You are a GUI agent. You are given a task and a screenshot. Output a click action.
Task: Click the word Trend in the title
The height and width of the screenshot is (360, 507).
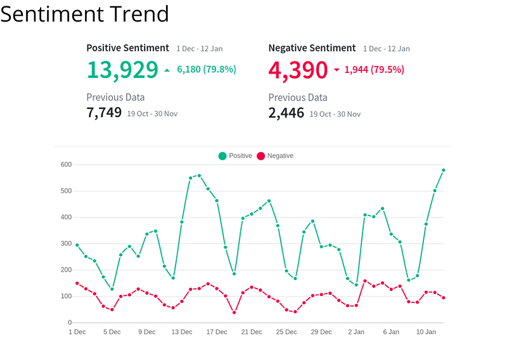(x=139, y=14)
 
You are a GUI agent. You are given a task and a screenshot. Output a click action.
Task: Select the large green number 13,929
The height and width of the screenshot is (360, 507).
(x=122, y=70)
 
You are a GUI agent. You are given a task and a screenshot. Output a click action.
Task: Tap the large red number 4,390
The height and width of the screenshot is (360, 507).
(x=298, y=70)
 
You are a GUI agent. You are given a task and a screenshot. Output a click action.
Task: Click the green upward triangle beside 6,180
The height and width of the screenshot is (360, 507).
(x=167, y=70)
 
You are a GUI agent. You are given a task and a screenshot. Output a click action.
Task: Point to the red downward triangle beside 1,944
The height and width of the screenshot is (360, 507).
(x=337, y=70)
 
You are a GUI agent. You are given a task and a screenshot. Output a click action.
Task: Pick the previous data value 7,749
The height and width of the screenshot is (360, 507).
(x=104, y=113)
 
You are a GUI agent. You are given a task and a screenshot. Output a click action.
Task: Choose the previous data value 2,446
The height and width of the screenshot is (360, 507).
(x=286, y=113)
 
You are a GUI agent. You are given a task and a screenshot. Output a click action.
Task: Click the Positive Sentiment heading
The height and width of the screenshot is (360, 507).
(x=128, y=48)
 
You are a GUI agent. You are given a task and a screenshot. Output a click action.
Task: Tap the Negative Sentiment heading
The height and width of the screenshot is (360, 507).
(x=312, y=48)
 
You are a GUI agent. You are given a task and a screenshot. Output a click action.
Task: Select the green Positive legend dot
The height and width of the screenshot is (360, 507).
(x=222, y=156)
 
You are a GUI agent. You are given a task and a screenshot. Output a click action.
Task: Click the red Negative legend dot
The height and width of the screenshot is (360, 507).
(x=261, y=156)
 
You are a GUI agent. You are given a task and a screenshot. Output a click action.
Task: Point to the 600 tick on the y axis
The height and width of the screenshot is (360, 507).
(x=66, y=165)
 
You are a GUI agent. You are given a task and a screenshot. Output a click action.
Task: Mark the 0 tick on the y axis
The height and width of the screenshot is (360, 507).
(x=70, y=323)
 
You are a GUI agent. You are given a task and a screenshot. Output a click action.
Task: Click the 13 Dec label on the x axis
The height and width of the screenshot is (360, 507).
(x=182, y=332)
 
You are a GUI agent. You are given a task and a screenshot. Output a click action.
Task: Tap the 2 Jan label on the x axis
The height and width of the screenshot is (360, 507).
(x=356, y=332)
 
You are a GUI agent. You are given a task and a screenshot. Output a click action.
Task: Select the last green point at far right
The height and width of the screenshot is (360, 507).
(x=444, y=170)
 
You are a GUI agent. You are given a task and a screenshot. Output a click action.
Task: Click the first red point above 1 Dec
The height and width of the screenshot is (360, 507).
(x=77, y=283)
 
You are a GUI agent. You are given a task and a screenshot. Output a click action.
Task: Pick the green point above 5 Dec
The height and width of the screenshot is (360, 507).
(x=112, y=289)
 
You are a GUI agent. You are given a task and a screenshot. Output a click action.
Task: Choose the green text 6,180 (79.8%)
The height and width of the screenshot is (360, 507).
(x=207, y=70)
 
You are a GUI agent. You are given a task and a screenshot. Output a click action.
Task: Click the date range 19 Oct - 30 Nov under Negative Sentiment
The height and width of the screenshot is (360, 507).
(x=335, y=114)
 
